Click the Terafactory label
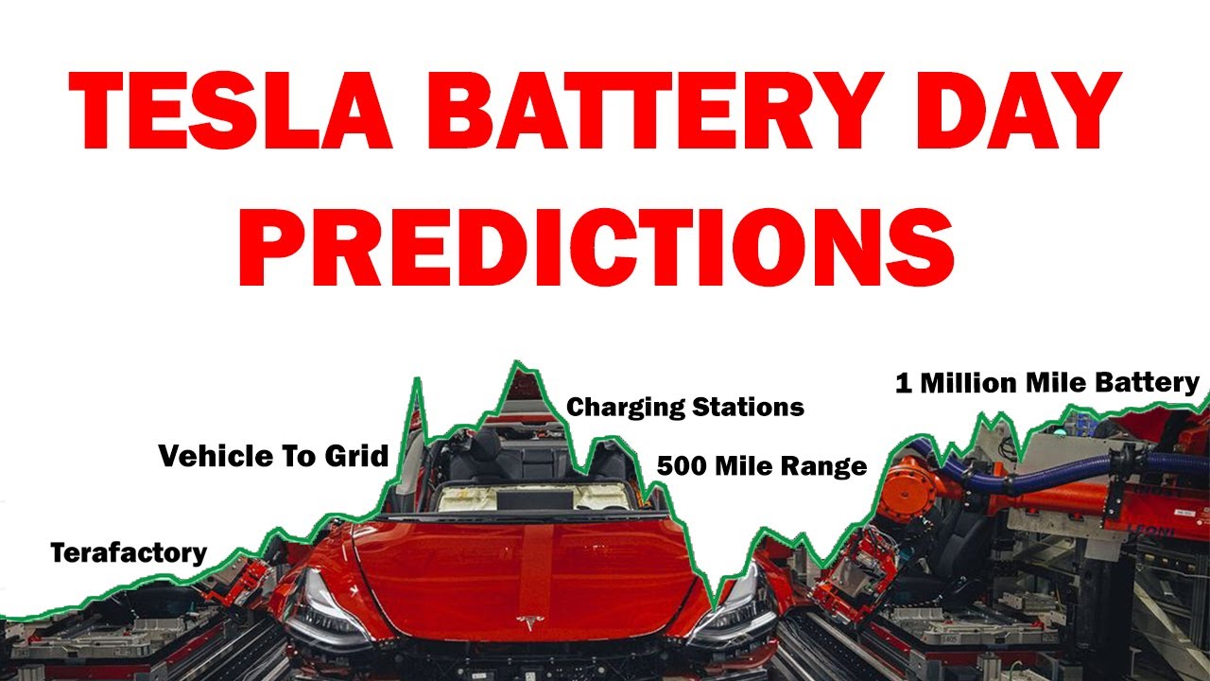coord(129,552)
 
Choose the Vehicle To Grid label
coord(273,456)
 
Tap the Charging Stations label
coord(685,408)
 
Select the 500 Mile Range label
coord(762,466)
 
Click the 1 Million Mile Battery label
coord(1047,383)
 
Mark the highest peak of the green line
coord(516,363)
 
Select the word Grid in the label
coord(358,456)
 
